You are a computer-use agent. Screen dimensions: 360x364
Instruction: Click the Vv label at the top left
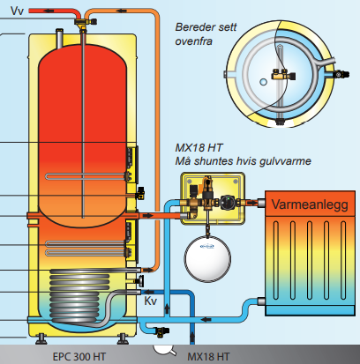pos(16,11)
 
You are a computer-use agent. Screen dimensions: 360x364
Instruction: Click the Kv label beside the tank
pos(150,301)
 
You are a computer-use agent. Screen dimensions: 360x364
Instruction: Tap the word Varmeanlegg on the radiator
pos(310,204)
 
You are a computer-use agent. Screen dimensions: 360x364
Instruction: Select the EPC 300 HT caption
pos(79,357)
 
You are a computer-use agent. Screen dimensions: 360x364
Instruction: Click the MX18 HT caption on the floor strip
pos(208,357)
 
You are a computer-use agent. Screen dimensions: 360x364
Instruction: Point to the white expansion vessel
pos(207,257)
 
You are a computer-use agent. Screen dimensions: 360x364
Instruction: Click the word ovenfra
pos(193,41)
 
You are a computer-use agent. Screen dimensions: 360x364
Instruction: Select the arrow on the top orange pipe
pos(121,11)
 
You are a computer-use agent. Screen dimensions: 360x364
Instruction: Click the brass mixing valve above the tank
pos(85,23)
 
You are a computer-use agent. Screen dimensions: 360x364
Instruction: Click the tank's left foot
pos(41,338)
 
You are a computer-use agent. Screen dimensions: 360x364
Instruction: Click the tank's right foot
pos(123,338)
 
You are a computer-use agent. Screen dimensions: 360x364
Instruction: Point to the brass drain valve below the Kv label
pos(161,331)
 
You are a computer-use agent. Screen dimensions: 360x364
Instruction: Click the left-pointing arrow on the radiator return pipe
pos(207,319)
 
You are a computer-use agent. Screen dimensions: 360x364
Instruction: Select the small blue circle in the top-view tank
pos(264,82)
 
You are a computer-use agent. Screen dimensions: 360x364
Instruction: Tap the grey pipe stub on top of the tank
pos(59,38)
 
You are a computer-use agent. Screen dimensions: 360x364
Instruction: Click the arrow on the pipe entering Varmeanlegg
pos(251,202)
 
